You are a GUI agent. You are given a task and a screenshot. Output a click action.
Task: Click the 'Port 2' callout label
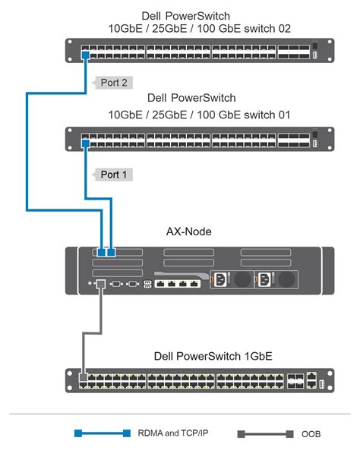(x=112, y=83)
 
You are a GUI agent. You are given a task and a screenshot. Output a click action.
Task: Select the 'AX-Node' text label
(x=189, y=231)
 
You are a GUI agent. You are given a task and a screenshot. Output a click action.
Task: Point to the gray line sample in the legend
(x=264, y=434)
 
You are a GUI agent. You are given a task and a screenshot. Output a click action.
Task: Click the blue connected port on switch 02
(x=86, y=55)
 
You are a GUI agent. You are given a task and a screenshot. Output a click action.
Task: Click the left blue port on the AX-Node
(x=102, y=252)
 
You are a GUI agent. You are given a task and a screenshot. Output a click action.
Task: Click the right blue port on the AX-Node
(x=112, y=252)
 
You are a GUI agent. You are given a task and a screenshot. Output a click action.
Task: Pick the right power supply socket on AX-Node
(x=264, y=280)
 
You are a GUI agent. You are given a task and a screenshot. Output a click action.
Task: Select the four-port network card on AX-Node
(x=176, y=283)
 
